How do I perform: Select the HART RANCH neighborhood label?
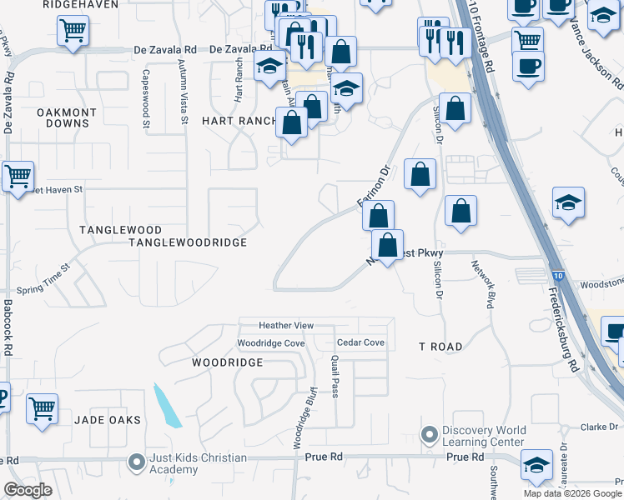(x=239, y=121)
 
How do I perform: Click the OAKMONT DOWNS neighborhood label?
(x=67, y=117)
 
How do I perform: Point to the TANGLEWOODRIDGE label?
(x=188, y=242)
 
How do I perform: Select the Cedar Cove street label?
(x=360, y=342)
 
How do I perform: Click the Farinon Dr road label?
(x=375, y=188)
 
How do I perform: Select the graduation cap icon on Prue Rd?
(x=536, y=465)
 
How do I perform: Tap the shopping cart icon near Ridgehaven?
(x=73, y=31)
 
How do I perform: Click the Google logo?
(x=28, y=490)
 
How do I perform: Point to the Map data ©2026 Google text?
(x=571, y=493)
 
